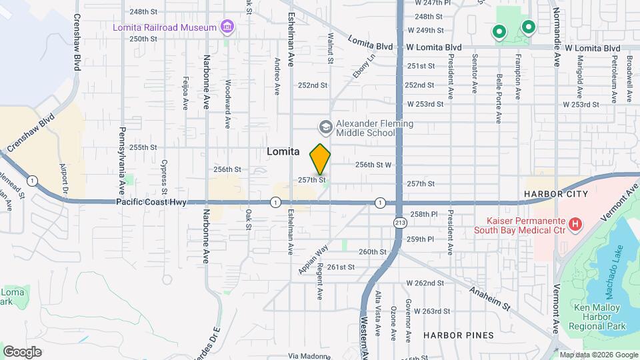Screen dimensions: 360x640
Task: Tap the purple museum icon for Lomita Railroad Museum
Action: [x=228, y=27]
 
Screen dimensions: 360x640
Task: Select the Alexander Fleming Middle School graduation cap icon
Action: [x=325, y=127]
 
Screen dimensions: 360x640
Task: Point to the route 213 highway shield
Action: [x=399, y=222]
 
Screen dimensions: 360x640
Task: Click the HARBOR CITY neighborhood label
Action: [x=555, y=194]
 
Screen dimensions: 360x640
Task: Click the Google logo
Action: [x=22, y=351]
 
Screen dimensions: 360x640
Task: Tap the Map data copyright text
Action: [x=599, y=355]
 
